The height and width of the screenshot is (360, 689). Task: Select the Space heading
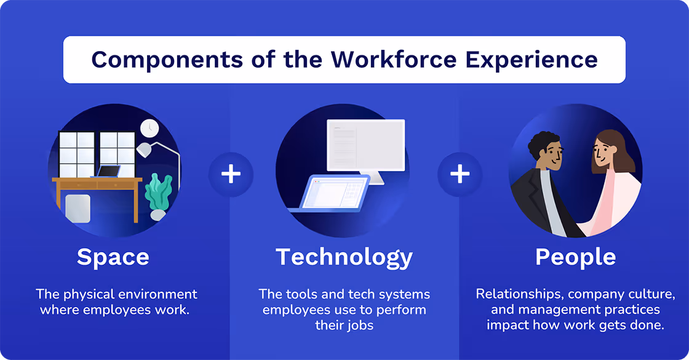113,257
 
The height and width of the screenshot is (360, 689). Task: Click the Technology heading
344,257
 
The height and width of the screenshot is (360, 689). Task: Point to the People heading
575,257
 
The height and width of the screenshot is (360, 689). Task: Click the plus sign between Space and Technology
231,174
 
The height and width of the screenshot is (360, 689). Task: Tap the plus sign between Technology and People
460,174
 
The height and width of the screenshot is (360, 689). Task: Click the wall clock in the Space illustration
149,128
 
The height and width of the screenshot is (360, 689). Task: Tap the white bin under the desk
78,207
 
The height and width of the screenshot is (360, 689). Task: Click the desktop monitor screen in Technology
366,145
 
